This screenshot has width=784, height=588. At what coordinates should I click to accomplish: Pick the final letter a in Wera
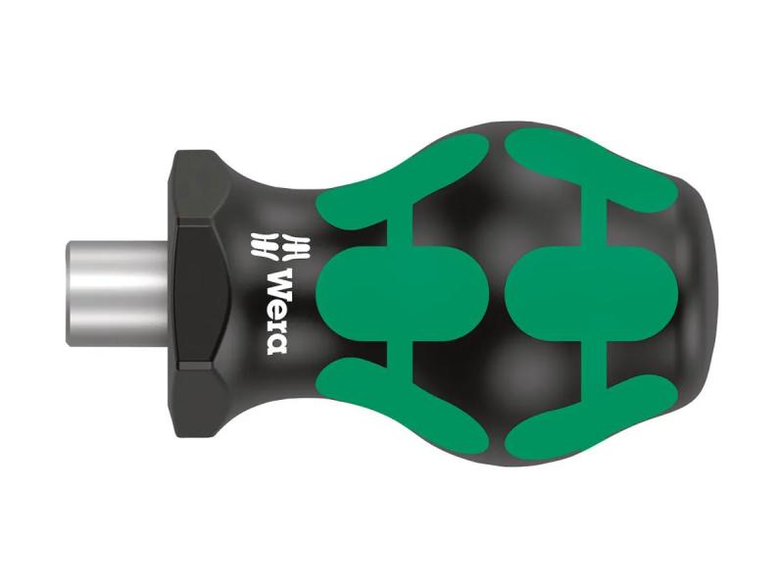tap(277, 342)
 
